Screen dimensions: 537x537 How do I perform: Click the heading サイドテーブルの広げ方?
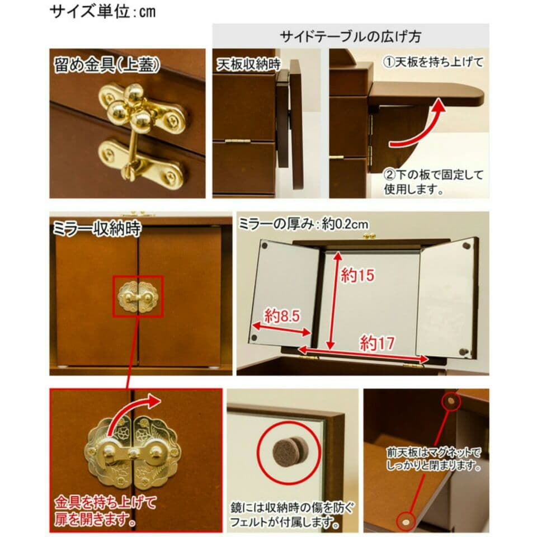tap(351, 36)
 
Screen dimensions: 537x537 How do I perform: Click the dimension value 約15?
tap(358, 275)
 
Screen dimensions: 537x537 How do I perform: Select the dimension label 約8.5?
tap(283, 316)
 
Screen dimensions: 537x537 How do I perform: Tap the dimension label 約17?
tap(376, 343)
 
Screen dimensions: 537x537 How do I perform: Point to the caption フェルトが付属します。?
tap(286, 524)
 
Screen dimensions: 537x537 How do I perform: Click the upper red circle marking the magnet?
tap(450, 401)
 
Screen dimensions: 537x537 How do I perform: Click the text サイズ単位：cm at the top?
tap(103, 11)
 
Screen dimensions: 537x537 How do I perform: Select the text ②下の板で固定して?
tap(434, 175)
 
